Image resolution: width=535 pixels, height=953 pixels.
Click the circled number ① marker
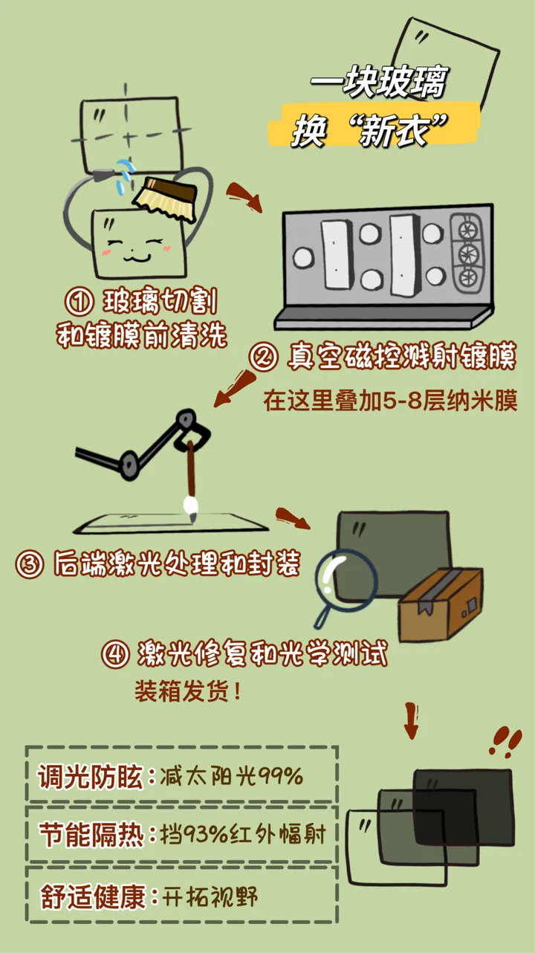pyautogui.click(x=80, y=302)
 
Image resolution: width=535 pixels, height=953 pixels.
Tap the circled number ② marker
pyautogui.click(x=263, y=357)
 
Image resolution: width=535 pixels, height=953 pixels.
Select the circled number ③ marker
pyautogui.click(x=29, y=564)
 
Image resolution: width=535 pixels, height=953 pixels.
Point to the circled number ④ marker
pyautogui.click(x=115, y=654)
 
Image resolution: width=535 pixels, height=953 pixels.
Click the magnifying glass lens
pyautogui.click(x=346, y=581)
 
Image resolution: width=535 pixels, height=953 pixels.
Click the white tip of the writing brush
pyautogui.click(x=191, y=508)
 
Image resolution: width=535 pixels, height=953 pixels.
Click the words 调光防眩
pyautogui.click(x=91, y=776)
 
